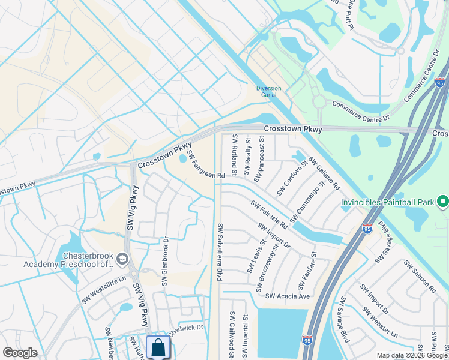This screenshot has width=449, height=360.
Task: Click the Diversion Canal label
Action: [x=268, y=92]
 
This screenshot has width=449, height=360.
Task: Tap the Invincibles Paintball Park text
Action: [x=387, y=203]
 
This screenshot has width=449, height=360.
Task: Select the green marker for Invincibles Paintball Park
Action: [x=442, y=202]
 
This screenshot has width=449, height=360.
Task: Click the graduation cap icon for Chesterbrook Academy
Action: [x=122, y=259]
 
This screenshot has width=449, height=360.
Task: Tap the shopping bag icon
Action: [x=158, y=347]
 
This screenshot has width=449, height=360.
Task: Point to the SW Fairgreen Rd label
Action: [x=205, y=164]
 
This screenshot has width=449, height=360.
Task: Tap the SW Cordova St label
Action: [x=292, y=176]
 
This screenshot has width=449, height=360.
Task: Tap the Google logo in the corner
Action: [x=21, y=353]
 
